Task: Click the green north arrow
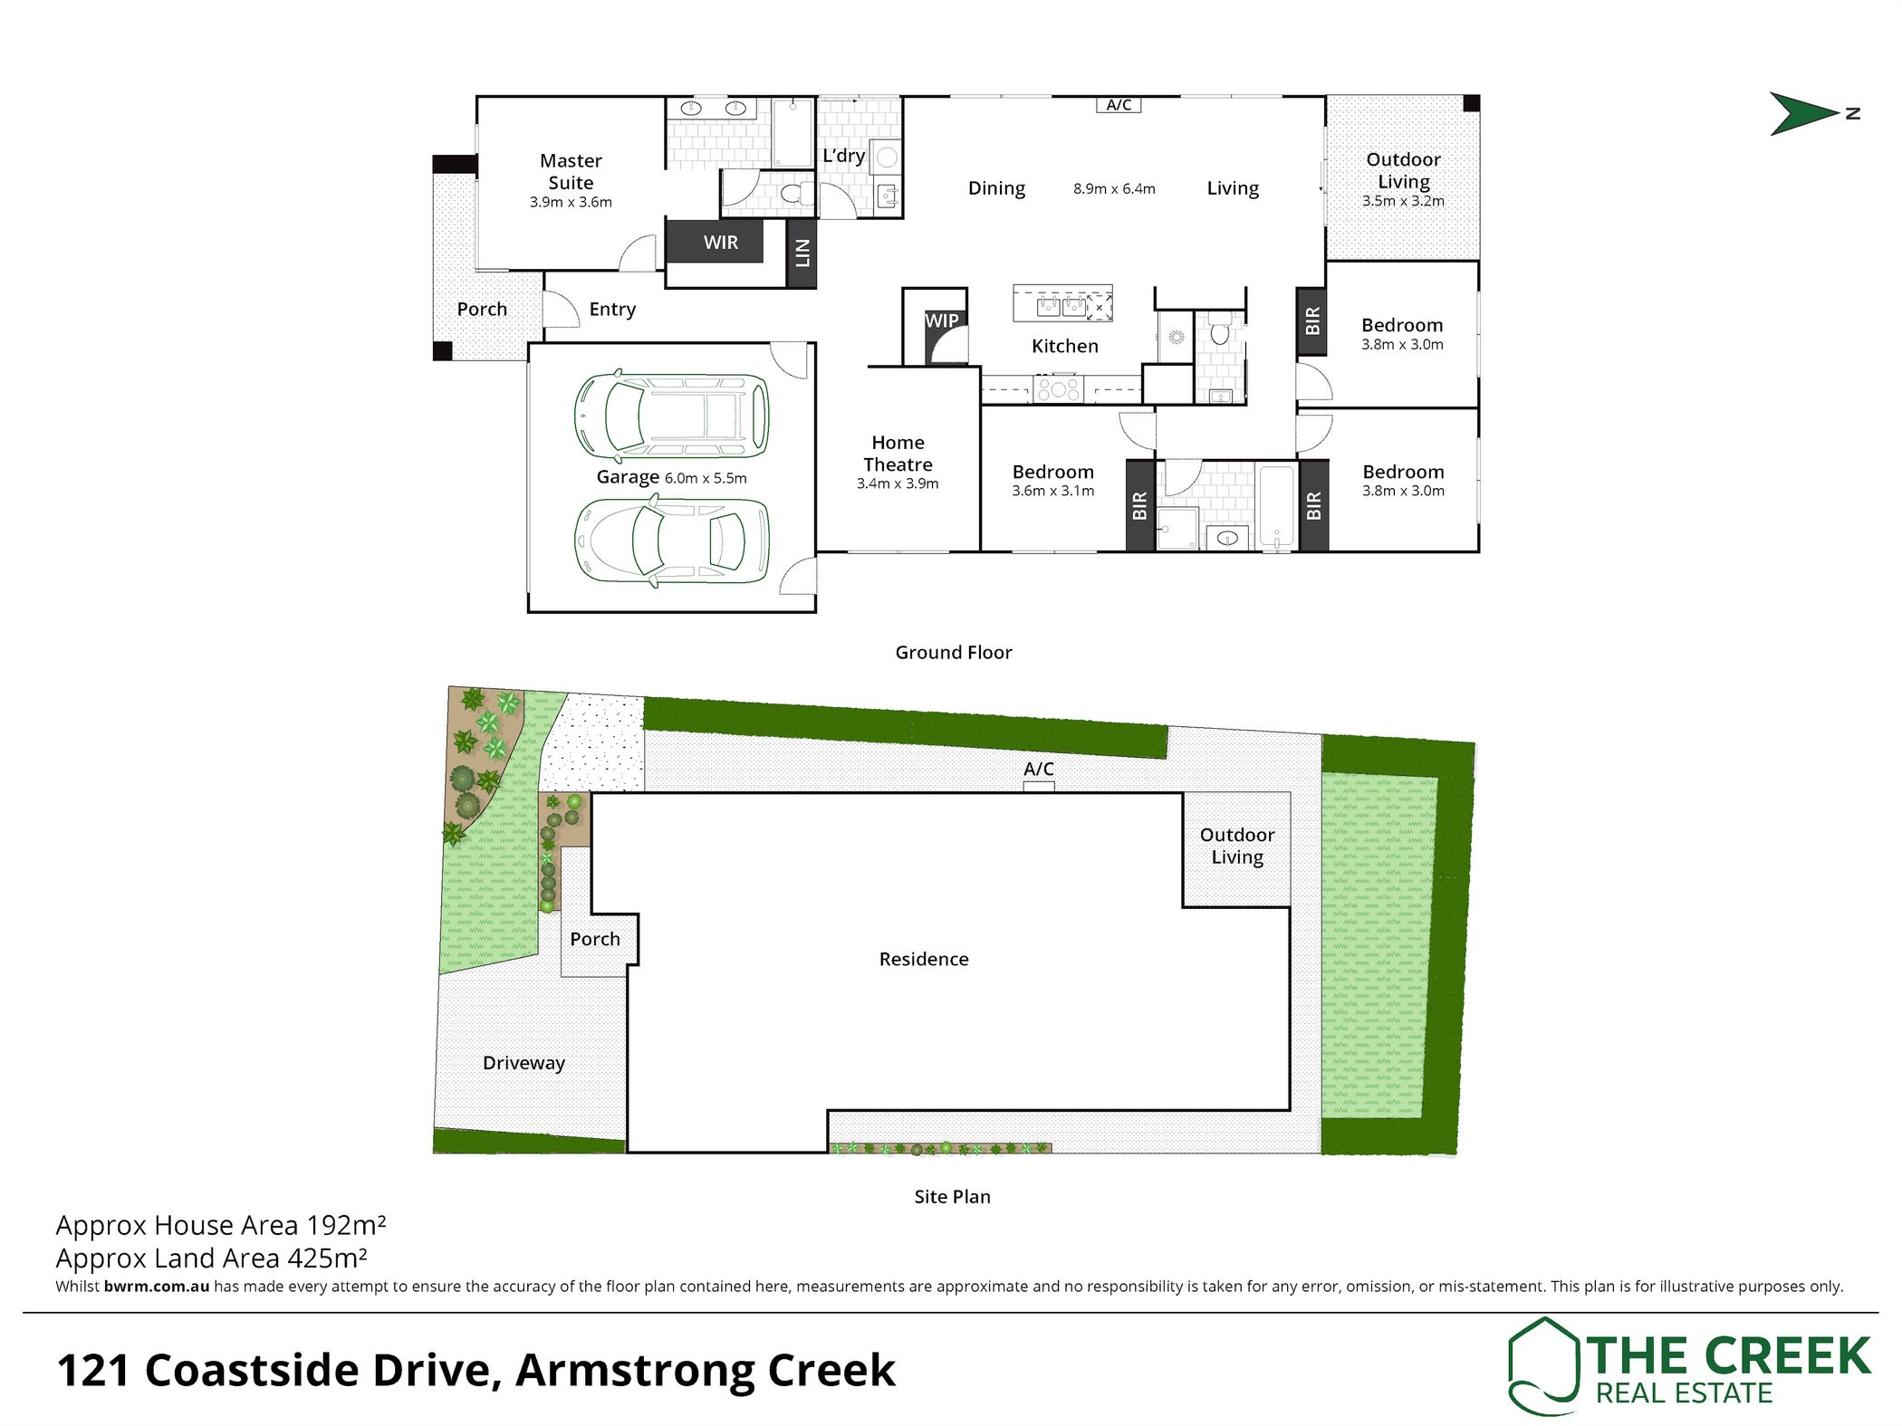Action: [x=1802, y=114]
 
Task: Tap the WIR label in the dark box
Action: [x=721, y=243]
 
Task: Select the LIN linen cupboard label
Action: [x=802, y=253]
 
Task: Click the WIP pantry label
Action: [x=942, y=321]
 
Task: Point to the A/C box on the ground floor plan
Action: [x=1119, y=105]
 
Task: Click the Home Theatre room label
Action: [x=898, y=454]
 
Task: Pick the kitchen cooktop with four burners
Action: [x=1058, y=389]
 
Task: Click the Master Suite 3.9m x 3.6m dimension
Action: [x=571, y=203]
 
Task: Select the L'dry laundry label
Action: [x=843, y=156]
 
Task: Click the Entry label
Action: [x=612, y=310]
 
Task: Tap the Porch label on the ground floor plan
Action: [x=482, y=309]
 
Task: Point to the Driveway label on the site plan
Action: [x=524, y=1063]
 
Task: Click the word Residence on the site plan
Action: [x=924, y=959]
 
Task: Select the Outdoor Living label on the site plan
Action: [x=1237, y=846]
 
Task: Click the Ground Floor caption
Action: [x=954, y=652]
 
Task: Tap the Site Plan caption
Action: [x=952, y=1196]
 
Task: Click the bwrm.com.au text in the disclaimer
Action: [x=157, y=1286]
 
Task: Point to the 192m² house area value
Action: [x=347, y=1225]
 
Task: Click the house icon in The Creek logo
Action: [x=1542, y=1365]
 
